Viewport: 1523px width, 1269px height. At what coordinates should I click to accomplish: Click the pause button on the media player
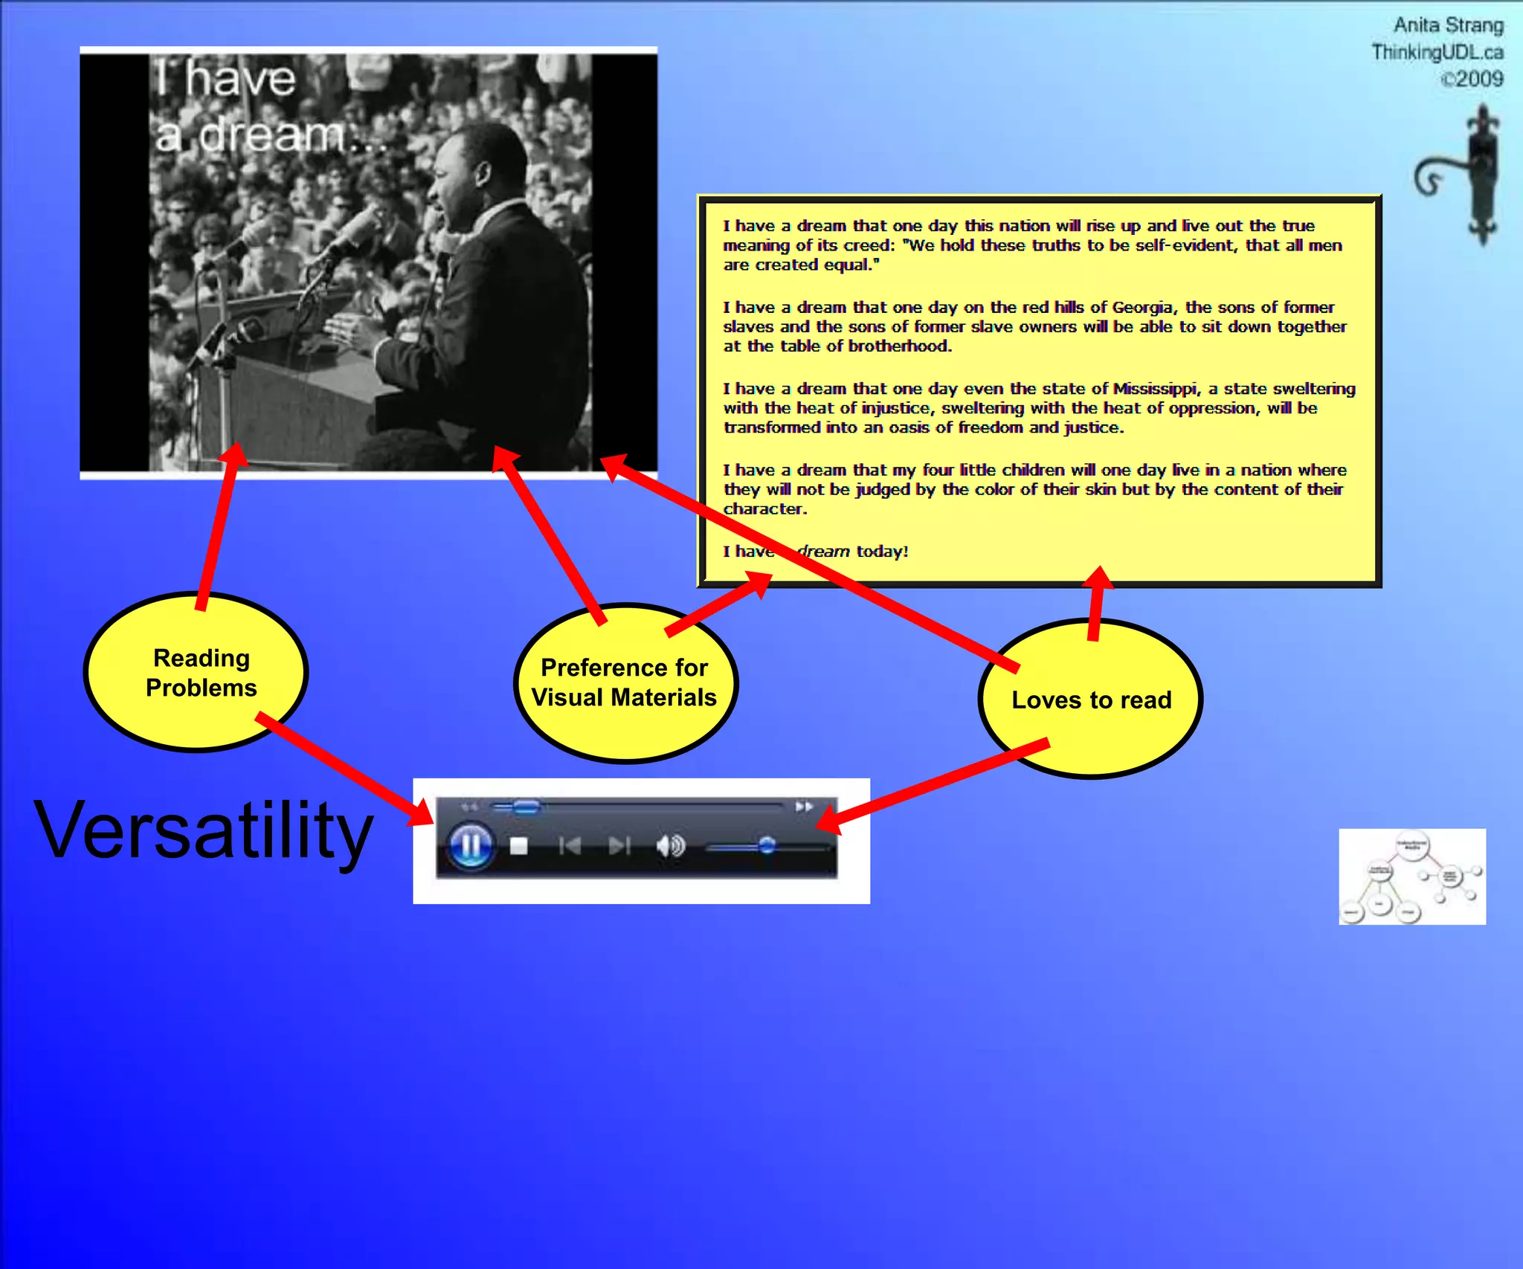[470, 846]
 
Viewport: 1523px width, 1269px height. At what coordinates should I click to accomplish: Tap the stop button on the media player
[519, 846]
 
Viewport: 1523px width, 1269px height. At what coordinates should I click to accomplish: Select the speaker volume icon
[670, 846]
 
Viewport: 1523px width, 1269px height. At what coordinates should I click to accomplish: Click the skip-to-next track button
[619, 846]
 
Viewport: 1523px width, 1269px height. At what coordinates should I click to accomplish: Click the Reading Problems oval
[196, 672]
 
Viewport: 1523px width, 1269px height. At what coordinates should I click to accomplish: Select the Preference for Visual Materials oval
[625, 682]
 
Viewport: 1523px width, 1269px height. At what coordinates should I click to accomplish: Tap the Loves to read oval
[1090, 700]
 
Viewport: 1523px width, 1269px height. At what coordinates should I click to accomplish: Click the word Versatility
[203, 830]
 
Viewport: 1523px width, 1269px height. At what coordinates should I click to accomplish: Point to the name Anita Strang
[1447, 25]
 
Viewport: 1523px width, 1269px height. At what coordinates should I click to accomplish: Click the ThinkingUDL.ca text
[1437, 52]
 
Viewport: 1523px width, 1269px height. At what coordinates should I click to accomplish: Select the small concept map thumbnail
[1411, 876]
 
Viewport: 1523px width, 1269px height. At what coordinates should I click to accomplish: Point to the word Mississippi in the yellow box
[1154, 389]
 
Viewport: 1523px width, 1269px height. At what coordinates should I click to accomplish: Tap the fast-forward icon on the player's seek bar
[804, 807]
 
